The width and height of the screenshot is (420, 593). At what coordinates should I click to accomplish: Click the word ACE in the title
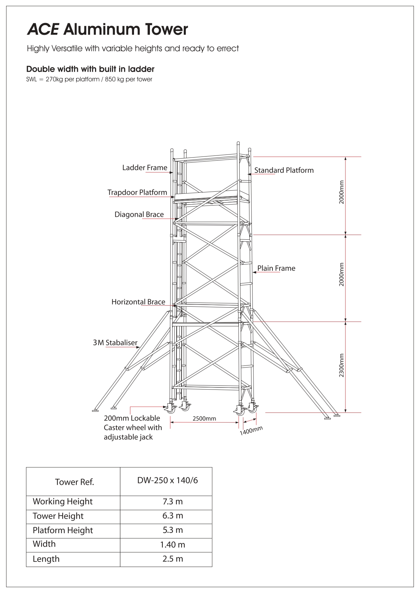point(43,30)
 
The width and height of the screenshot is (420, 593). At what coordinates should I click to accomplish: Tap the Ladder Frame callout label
point(145,168)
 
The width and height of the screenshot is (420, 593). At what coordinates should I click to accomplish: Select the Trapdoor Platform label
point(137,192)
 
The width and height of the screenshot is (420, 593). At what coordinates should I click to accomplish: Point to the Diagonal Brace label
point(139,214)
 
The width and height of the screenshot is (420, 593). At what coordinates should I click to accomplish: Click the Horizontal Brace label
point(138,302)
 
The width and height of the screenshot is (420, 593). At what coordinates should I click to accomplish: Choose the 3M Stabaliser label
point(115,342)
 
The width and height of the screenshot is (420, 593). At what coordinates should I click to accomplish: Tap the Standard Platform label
point(284,170)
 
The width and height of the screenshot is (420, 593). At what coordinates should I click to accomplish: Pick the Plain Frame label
point(276,268)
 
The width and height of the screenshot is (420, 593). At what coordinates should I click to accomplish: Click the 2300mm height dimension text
point(341,365)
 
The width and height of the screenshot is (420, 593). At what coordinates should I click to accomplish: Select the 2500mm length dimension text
point(204,419)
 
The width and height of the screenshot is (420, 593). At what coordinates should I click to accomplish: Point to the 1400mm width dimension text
point(251,431)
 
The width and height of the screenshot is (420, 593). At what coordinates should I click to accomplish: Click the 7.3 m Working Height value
point(173,501)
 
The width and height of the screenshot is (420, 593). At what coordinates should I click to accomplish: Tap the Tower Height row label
point(58,516)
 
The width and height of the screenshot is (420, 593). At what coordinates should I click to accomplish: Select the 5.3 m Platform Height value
point(173,530)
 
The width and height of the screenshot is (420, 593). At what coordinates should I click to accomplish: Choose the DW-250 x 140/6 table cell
point(168,480)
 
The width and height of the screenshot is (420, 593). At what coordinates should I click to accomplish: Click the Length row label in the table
point(46,559)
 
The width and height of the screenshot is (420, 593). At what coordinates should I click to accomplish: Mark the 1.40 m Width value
point(173,545)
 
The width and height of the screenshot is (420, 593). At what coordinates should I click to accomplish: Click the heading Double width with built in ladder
point(90,69)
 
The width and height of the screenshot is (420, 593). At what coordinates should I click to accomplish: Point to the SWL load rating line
point(89,79)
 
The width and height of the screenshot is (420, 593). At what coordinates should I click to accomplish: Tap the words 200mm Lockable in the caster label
point(132,418)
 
